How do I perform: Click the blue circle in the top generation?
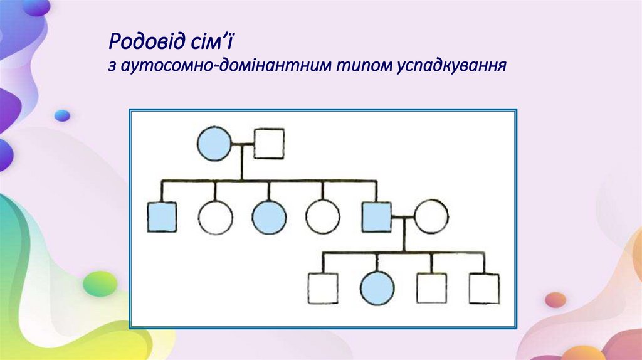point(214,144)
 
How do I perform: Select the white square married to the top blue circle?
point(269,144)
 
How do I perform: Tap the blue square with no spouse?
point(162,217)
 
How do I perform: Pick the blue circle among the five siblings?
point(269,217)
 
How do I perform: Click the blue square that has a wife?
point(377,217)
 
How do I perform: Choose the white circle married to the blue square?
point(431,217)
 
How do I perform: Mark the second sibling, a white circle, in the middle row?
point(215,217)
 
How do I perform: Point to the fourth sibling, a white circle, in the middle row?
point(323,217)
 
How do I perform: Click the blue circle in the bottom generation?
point(377,289)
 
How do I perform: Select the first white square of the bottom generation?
point(323,289)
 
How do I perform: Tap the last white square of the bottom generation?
point(485,289)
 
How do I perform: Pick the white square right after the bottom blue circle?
point(431,289)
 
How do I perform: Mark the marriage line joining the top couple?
point(243,144)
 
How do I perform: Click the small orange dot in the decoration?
point(555,300)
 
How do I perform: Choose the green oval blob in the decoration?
point(100,283)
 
